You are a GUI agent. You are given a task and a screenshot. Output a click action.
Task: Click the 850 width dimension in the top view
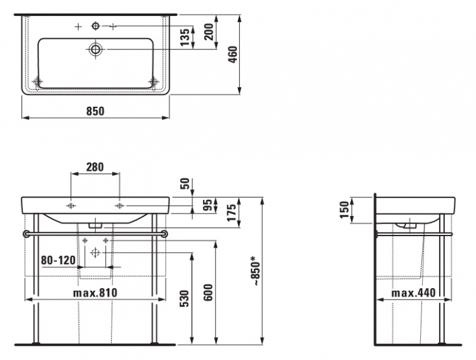(95, 111)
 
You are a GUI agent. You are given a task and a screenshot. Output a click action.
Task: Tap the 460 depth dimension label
(233, 55)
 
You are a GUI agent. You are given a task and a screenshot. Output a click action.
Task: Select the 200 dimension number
(209, 32)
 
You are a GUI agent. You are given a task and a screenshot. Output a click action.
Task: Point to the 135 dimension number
(185, 37)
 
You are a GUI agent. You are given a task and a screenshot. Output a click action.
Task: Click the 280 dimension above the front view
(95, 167)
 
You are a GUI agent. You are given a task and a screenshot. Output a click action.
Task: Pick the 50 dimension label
(185, 183)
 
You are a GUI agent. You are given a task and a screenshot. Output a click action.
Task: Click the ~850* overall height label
(255, 270)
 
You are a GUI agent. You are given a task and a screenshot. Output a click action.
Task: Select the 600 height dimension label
(208, 292)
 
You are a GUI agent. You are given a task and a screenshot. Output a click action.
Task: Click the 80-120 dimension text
(58, 260)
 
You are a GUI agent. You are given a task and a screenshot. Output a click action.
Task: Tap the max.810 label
(95, 293)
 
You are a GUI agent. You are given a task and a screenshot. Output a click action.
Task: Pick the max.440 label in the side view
(413, 293)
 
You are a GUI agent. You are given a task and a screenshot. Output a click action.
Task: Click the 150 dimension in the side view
(345, 210)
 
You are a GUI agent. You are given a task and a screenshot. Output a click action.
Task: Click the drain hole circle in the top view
(96, 49)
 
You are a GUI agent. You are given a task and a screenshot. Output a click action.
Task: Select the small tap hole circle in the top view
(96, 26)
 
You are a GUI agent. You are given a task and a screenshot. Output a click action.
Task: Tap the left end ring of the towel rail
(27, 234)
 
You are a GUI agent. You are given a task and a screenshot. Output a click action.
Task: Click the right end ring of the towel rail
(164, 234)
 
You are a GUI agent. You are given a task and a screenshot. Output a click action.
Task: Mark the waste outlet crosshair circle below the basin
(95, 253)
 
